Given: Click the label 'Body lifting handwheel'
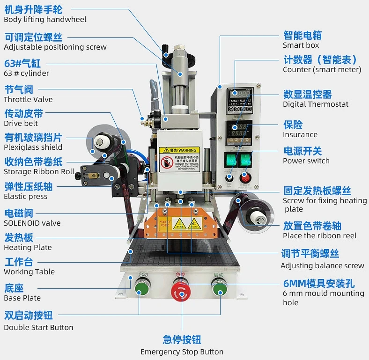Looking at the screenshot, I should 45,20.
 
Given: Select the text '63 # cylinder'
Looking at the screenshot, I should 26,73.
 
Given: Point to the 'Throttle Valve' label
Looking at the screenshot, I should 28,99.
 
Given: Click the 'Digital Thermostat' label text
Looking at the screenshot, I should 316,104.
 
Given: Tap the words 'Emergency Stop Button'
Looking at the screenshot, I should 182,352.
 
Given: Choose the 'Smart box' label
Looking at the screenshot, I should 301,45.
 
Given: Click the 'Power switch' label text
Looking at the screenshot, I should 306,161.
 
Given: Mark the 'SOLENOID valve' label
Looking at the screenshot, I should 32,223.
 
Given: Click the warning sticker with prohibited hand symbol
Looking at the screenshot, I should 179,159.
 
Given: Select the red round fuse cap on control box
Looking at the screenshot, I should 244,177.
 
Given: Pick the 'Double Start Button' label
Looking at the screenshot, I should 38,327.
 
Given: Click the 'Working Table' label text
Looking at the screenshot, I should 29,272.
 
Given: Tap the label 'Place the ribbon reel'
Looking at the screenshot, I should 319,235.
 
